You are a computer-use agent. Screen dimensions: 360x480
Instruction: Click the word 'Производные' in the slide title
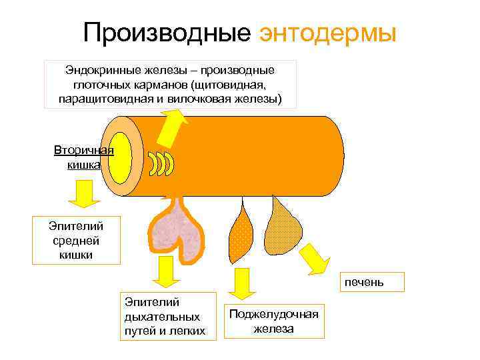click(x=168, y=31)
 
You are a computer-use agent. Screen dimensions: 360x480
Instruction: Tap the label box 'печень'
click(x=364, y=282)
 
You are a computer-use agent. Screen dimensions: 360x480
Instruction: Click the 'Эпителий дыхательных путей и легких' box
click(x=168, y=316)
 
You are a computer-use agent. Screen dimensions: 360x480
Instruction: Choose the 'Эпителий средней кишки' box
click(x=77, y=239)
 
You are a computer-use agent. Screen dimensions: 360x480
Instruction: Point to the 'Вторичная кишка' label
click(x=83, y=156)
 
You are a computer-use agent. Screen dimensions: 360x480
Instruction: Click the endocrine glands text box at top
click(x=169, y=85)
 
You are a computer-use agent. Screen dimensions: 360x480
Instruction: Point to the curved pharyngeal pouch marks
click(x=161, y=164)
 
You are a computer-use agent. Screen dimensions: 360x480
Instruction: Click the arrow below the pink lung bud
click(x=163, y=273)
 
